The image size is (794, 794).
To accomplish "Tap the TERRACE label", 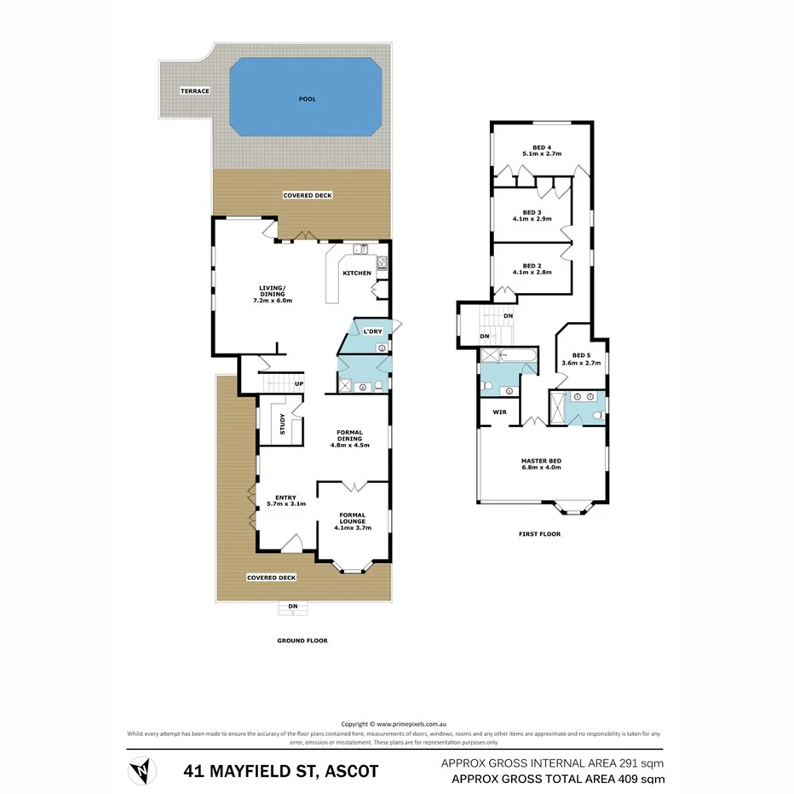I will tap(194, 91).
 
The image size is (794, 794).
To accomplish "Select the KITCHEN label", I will tap(356, 273).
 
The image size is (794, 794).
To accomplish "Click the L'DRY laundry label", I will tap(371, 331).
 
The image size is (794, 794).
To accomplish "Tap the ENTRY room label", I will tap(285, 497).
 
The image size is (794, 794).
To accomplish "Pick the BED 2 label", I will tap(532, 265).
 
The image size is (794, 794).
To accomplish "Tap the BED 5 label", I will tap(580, 355).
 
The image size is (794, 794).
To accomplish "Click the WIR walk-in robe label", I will tap(498, 413).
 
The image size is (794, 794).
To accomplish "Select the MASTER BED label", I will tap(541, 462).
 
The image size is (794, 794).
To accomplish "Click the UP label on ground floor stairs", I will tap(298, 384).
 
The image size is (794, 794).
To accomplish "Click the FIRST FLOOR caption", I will tap(539, 534).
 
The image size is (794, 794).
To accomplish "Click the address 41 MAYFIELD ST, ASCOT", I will tap(281, 773).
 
